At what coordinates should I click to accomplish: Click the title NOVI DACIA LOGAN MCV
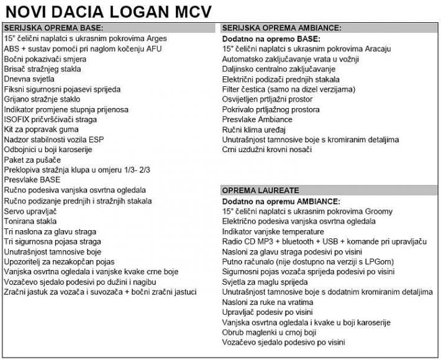108,11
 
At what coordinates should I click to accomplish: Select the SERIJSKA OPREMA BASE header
53,29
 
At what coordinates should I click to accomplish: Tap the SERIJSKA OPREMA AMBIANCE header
282,29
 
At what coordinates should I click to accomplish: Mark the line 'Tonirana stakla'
30,221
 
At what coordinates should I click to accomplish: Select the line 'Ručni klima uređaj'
253,129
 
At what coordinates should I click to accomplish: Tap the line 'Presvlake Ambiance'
257,119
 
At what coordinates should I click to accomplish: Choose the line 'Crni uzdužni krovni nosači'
266,150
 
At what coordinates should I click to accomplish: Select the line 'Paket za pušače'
31,160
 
